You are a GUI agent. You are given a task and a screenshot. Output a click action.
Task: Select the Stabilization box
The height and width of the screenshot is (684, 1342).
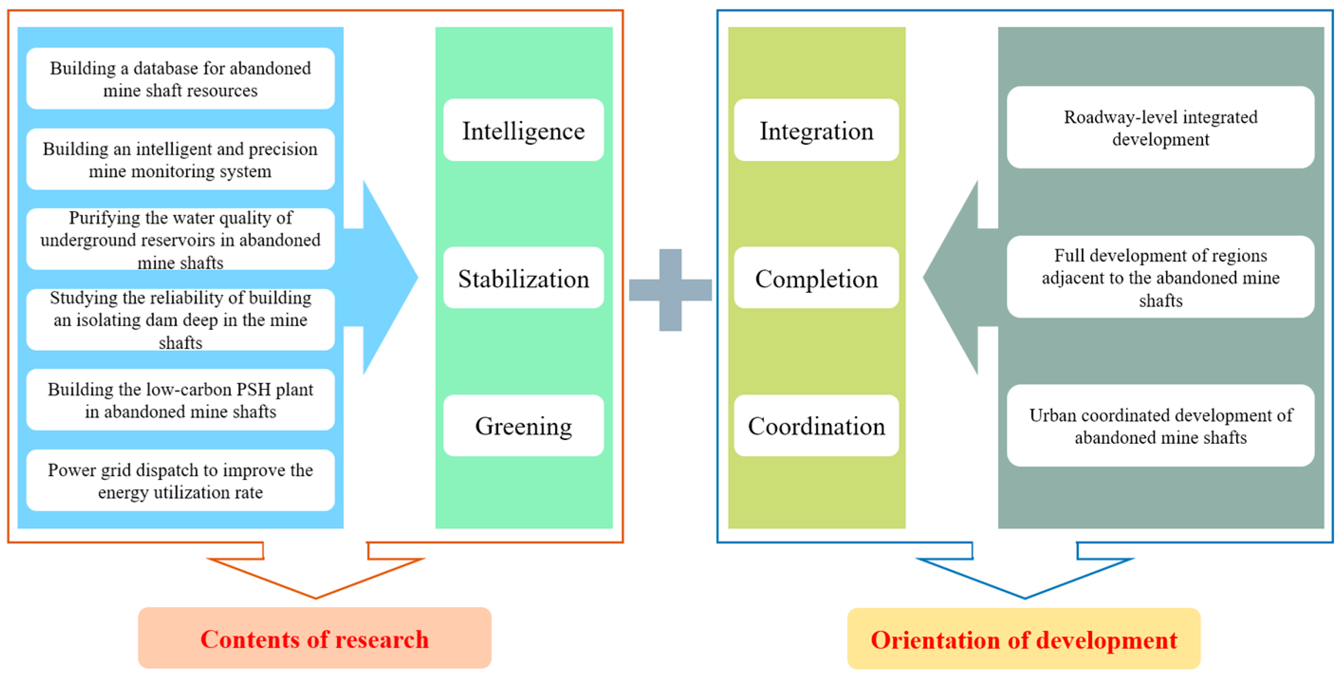coord(523,278)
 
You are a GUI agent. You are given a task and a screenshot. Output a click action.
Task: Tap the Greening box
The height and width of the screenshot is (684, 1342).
coord(523,425)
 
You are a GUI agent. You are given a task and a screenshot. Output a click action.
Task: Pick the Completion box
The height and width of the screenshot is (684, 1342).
coord(816,278)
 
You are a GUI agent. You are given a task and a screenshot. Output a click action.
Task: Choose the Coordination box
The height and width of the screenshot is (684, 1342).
coord(816,425)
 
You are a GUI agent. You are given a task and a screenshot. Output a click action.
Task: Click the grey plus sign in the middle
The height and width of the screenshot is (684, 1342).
coord(670,290)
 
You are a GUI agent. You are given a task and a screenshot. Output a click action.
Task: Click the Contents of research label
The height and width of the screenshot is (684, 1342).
coord(315,638)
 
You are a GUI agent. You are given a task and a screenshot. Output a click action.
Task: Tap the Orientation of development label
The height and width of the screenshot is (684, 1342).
coord(1023,639)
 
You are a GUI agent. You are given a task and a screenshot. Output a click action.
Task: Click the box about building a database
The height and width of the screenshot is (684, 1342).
coord(180,79)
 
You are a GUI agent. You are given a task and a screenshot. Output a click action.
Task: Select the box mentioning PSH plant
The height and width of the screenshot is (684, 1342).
coord(180,400)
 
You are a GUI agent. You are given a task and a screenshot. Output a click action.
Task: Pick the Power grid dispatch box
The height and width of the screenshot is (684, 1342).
coord(180,480)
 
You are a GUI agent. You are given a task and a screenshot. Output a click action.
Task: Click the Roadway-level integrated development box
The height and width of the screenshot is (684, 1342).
coord(1160,128)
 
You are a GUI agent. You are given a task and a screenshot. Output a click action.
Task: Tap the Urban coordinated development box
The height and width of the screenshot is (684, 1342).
coord(1160,425)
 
